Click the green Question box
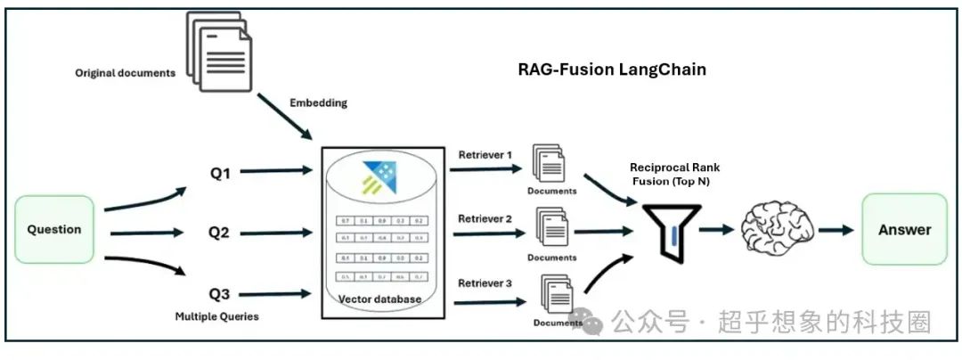[x=54, y=229]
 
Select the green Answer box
[x=904, y=229]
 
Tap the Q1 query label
[x=219, y=173]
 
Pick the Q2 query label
[x=219, y=233]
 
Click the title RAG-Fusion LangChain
[x=612, y=70]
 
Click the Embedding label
[x=318, y=102]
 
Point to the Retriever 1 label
[x=485, y=155]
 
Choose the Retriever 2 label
[x=485, y=218]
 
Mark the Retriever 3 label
[x=485, y=283]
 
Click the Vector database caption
[x=379, y=299]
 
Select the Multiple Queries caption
[x=217, y=316]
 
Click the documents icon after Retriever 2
[x=551, y=229]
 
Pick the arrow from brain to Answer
[x=836, y=230]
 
